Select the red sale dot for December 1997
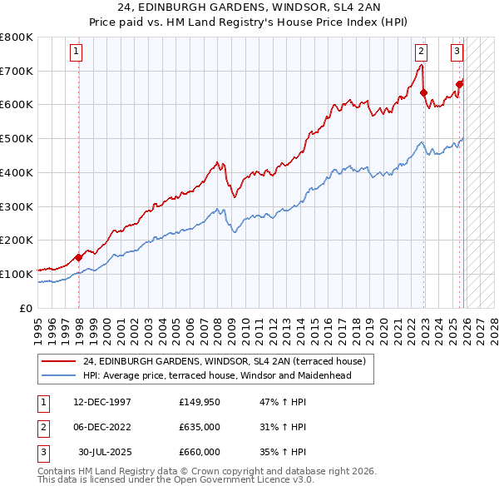79,257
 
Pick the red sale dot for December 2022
423,92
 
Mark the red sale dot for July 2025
460,84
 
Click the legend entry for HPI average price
217,375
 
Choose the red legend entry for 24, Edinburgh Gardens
218,361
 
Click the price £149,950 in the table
200,402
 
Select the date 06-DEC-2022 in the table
101,427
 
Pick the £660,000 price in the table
200,452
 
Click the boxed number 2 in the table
42,427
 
